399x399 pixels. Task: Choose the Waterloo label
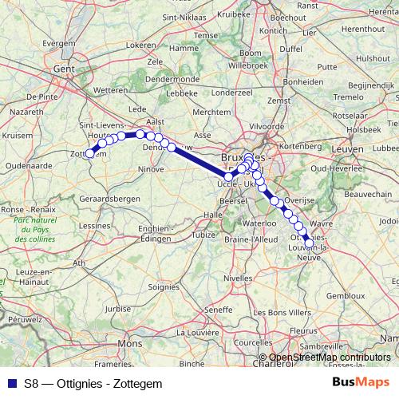coord(258,224)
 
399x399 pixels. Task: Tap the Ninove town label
coord(151,169)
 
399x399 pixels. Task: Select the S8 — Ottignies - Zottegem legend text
coord(93,383)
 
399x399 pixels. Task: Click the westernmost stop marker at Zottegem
coord(89,154)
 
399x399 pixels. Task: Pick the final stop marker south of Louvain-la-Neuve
coord(310,245)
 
